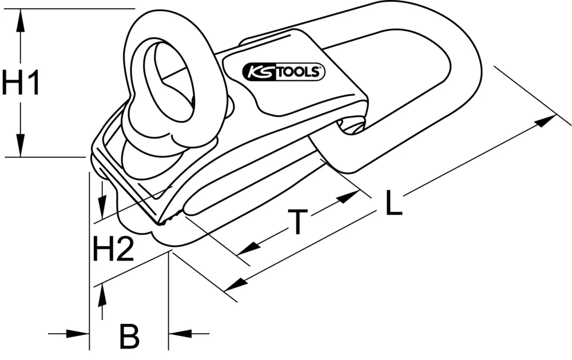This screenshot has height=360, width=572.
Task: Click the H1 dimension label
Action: click(x=21, y=84)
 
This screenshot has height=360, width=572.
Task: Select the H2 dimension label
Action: click(x=113, y=250)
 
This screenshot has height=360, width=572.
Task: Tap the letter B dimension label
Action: click(x=129, y=336)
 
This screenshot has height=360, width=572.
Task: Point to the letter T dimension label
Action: click(x=297, y=222)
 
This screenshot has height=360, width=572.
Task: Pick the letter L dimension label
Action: click(x=394, y=204)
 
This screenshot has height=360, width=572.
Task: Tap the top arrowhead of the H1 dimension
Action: click(x=21, y=22)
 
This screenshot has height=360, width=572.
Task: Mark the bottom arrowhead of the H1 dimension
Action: click(x=21, y=145)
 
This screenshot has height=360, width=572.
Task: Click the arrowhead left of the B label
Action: click(x=80, y=333)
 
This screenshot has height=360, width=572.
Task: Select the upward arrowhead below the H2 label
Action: click(x=102, y=295)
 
